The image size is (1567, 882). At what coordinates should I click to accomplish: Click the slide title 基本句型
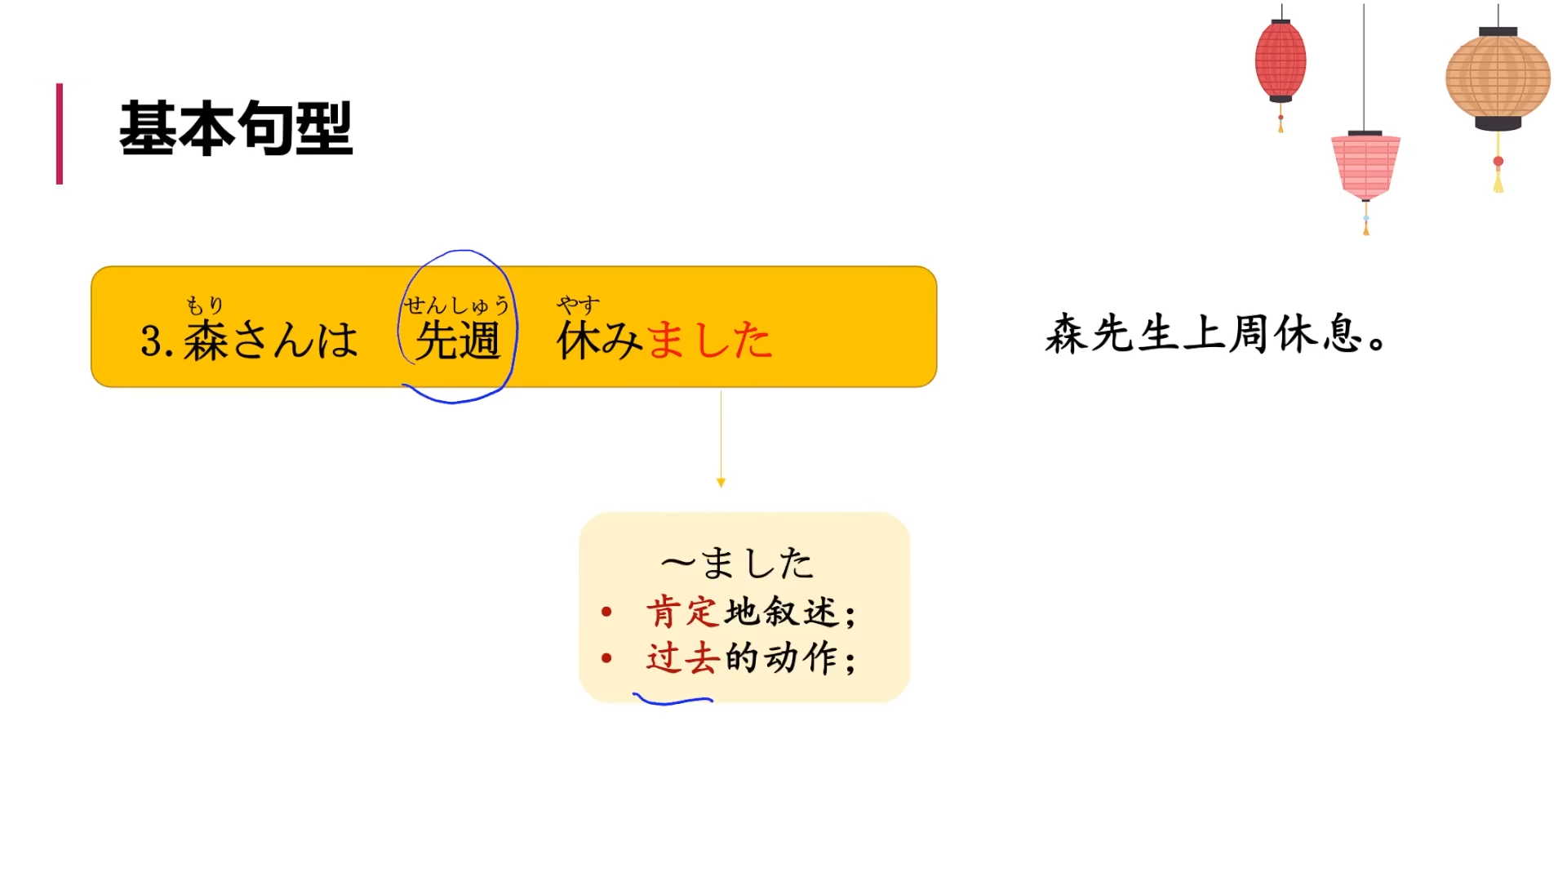click(x=236, y=129)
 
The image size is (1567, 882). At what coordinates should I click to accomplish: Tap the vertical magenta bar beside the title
click(x=60, y=134)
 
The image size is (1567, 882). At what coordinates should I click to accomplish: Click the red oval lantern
click(x=1280, y=61)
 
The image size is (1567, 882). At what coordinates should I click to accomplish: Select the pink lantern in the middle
click(x=1365, y=166)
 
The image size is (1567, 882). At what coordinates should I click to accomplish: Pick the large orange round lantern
click(x=1498, y=78)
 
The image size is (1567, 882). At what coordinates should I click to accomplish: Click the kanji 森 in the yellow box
click(x=206, y=341)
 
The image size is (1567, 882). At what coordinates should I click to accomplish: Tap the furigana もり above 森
click(x=205, y=305)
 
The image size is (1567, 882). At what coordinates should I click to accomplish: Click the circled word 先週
click(x=457, y=341)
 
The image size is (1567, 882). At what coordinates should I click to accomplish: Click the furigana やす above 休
click(x=578, y=305)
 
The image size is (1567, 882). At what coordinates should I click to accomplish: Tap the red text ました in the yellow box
click(x=708, y=341)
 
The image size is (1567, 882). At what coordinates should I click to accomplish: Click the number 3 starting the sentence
click(x=151, y=341)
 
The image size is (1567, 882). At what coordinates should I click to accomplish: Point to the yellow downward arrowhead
click(x=721, y=483)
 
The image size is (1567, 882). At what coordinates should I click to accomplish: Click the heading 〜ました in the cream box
click(x=737, y=563)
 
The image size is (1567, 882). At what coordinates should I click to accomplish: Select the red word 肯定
click(x=682, y=612)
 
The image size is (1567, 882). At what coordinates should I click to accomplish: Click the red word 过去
click(x=682, y=658)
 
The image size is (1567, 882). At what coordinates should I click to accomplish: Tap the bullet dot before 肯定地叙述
click(x=606, y=612)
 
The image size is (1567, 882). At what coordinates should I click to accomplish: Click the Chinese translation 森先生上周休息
click(x=1215, y=335)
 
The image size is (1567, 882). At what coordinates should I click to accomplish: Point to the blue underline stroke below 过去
click(x=673, y=701)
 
